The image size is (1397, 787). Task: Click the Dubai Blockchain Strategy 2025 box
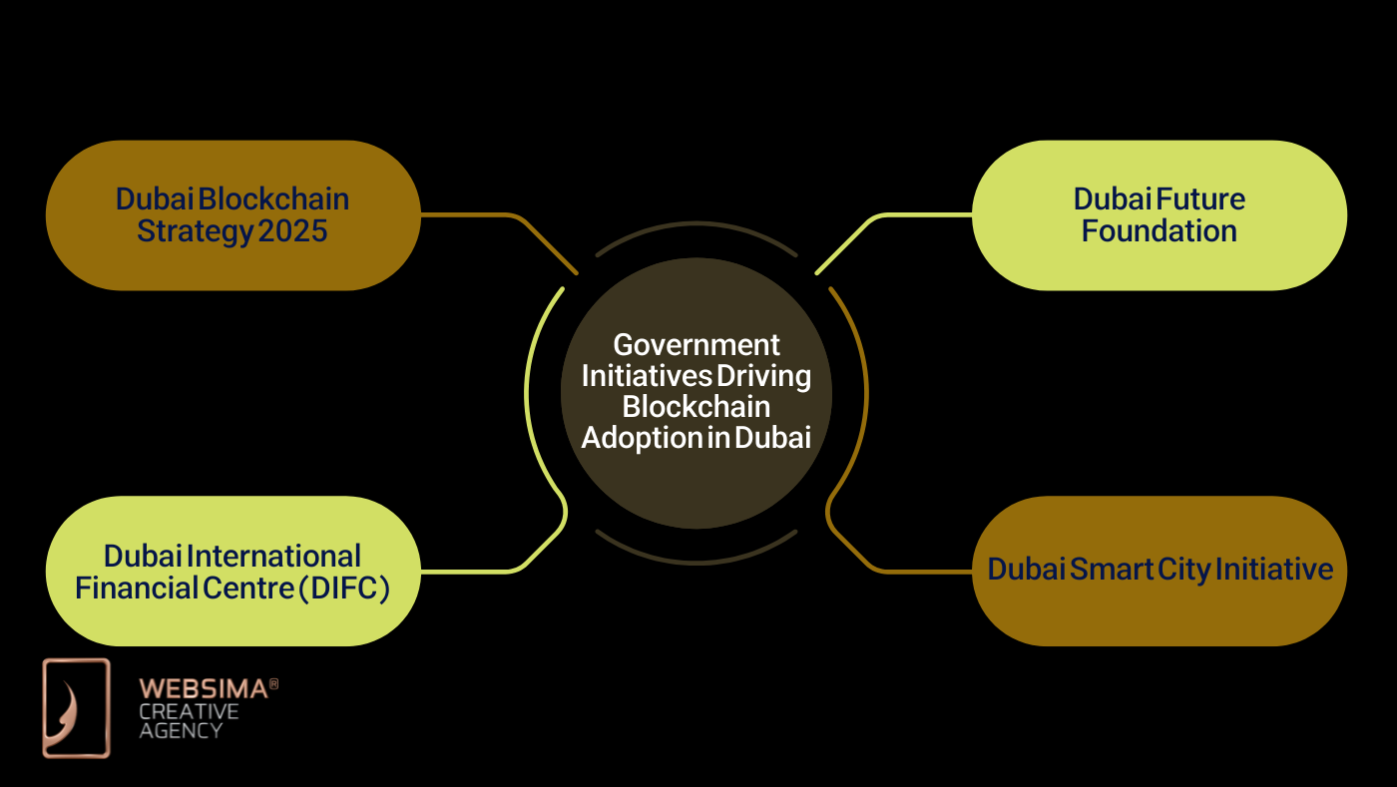tap(233, 215)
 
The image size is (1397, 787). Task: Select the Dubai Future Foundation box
tap(1159, 215)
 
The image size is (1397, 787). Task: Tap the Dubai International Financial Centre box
tap(233, 572)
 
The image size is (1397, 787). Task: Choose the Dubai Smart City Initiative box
tap(1159, 572)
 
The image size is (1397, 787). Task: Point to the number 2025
tap(292, 231)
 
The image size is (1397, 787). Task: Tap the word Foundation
tap(1159, 231)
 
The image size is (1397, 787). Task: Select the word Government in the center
tap(696, 345)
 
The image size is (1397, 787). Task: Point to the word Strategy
tap(194, 231)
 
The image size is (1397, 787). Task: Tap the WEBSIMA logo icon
tap(76, 707)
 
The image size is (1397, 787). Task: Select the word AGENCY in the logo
tap(181, 730)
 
